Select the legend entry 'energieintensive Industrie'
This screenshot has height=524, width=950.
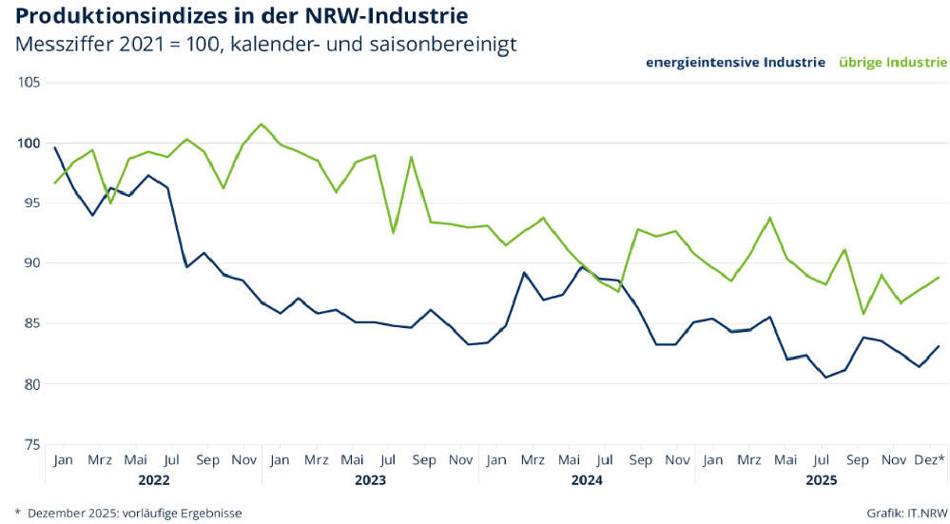(x=735, y=63)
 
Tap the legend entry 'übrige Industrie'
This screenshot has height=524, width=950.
(x=893, y=63)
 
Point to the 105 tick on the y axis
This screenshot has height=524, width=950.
(x=29, y=82)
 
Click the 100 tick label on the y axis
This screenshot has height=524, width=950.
(x=29, y=143)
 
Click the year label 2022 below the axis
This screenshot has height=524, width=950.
(x=153, y=480)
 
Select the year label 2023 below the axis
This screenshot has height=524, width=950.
(x=370, y=480)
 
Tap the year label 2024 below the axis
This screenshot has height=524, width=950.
(x=587, y=480)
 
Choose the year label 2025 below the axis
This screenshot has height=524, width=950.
(x=821, y=480)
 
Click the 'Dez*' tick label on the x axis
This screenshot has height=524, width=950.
(x=929, y=460)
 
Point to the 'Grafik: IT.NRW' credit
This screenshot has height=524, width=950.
(x=906, y=513)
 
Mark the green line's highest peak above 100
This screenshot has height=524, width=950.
(x=262, y=124)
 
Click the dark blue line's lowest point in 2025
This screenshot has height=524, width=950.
(x=826, y=378)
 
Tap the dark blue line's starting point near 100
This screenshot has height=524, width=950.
(x=55, y=147)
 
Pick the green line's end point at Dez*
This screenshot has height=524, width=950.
(x=940, y=278)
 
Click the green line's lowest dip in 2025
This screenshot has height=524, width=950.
(x=863, y=314)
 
